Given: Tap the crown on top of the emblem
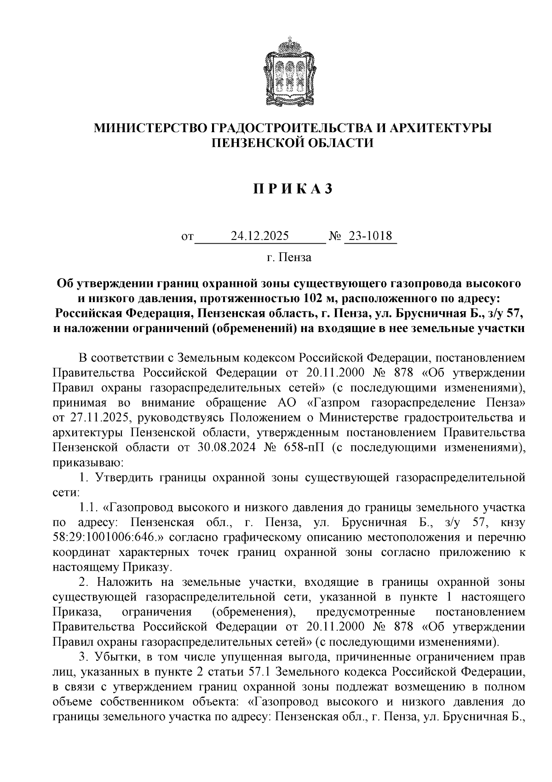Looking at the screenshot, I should [x=292, y=44].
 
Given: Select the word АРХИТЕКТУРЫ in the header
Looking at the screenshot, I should [x=440, y=128].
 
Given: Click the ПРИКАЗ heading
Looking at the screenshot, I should [x=292, y=189].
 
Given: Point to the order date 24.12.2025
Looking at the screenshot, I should [x=260, y=237].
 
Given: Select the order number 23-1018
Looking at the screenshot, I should [x=370, y=237].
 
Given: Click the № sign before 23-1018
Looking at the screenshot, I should [x=335, y=237].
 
